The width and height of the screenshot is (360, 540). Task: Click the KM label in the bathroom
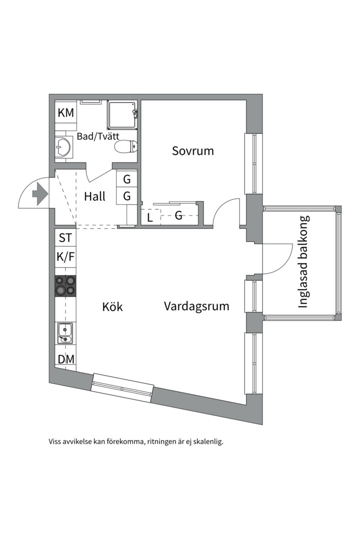(x=65, y=113)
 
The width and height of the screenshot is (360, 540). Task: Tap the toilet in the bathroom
(x=125, y=146)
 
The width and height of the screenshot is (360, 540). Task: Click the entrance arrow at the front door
(x=38, y=194)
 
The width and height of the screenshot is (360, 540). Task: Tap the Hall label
(x=94, y=196)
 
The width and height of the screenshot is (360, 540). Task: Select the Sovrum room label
(x=192, y=150)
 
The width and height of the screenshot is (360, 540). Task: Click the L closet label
(x=150, y=217)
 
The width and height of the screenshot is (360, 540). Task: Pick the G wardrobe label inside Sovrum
(x=178, y=216)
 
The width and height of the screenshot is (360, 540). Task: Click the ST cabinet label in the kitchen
(x=65, y=238)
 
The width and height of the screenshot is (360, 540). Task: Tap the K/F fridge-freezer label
(x=65, y=257)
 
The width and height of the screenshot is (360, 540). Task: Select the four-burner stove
(x=65, y=285)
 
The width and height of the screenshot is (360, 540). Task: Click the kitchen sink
(x=65, y=332)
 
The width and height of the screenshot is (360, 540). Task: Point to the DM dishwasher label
(x=65, y=359)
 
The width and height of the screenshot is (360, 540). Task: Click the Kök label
(x=112, y=306)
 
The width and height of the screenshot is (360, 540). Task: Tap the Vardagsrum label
(x=196, y=306)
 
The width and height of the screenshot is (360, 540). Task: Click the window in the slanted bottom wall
(x=122, y=387)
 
